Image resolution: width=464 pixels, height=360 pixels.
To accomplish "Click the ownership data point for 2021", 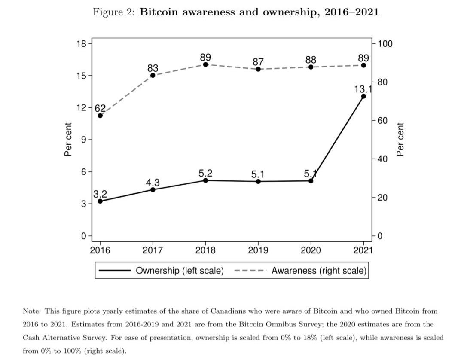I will tap(363, 96).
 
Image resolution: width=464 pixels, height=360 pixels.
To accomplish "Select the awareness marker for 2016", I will tap(100, 116).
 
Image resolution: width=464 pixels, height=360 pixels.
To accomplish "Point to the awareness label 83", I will tap(153, 68).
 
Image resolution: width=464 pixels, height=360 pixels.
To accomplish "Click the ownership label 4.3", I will tap(153, 183).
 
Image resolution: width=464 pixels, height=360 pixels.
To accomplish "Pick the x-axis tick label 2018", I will tap(205, 250).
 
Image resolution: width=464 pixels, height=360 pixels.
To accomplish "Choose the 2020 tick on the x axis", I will tap(311, 250).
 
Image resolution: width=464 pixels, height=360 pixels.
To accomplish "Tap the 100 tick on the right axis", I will tap(385, 44).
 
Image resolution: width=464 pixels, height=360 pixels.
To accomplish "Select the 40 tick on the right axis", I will tap(383, 159).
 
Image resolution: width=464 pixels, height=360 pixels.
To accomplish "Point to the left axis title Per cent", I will tap(68, 140).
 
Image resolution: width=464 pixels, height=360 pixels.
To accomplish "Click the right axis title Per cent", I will tap(400, 140).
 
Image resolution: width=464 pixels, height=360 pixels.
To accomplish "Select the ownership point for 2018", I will tap(205, 180).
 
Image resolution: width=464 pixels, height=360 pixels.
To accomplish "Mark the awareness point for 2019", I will tap(258, 69).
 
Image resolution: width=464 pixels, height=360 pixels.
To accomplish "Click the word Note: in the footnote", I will tap(31, 311).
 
